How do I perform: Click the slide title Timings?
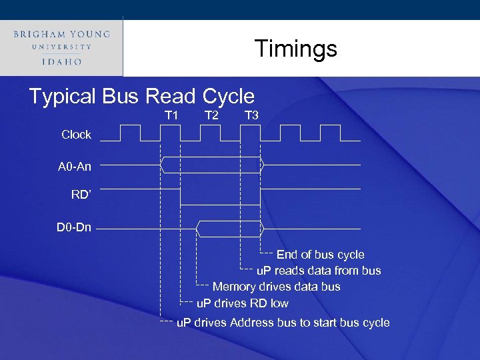(x=296, y=49)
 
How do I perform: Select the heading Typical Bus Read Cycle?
(x=141, y=97)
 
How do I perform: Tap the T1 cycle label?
(x=171, y=115)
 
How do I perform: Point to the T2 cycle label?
(x=211, y=115)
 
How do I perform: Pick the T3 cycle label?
(x=251, y=115)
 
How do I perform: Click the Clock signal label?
(x=76, y=135)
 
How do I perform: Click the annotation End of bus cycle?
(x=320, y=255)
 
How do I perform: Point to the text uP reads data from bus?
(x=319, y=271)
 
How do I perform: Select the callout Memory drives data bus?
(x=276, y=287)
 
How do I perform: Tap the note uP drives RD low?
(x=243, y=303)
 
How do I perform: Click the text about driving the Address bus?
(x=283, y=323)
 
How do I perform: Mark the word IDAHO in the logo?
(x=61, y=61)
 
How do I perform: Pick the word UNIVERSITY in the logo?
(x=61, y=47)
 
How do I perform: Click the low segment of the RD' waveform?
(x=221, y=204)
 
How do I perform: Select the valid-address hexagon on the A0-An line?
(x=212, y=165)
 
